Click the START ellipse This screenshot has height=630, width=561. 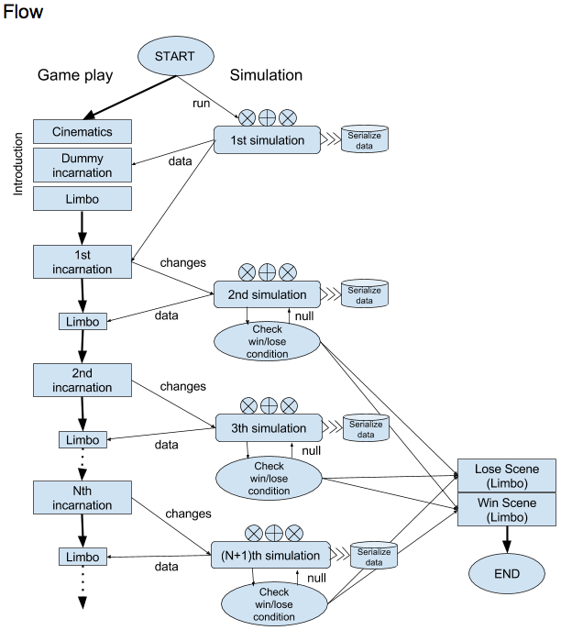point(174,56)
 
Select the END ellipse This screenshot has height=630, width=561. point(506,574)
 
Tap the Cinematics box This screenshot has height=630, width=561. point(82,131)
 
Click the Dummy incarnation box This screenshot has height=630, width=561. point(82,165)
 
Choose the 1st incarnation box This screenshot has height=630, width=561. point(82,261)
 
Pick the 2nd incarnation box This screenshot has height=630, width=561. point(82,380)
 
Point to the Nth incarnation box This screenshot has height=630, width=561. point(82,497)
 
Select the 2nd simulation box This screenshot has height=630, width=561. point(267,294)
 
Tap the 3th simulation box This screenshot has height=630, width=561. point(269,427)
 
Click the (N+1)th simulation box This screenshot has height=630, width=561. point(270,555)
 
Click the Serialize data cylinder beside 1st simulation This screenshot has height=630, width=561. point(364,140)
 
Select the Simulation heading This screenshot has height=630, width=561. point(266,75)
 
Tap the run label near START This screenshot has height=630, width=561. point(201,102)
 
